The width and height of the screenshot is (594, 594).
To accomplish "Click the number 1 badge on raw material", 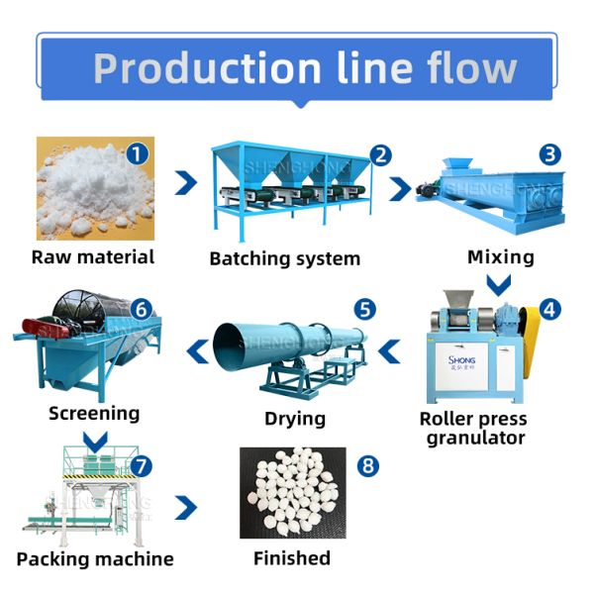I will coord(138,154).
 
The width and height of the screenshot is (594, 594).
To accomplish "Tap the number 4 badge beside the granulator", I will coord(549,308).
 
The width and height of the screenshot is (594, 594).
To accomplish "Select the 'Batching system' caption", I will coord(285,259).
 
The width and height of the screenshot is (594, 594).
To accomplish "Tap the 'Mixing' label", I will coord(500,257).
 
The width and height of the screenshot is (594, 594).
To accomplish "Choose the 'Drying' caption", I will coord(295,418).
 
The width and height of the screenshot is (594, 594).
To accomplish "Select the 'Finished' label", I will coord(292,558).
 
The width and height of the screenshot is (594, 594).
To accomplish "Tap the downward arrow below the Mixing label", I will coord(501,285).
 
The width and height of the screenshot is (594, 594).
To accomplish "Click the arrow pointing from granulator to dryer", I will coord(392,348).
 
